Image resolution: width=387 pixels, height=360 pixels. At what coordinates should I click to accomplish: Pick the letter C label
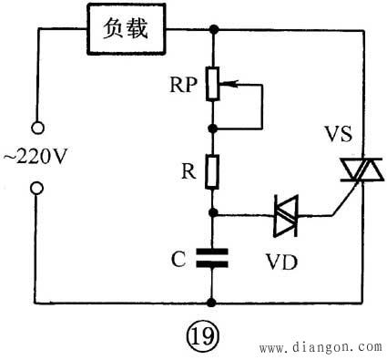(x=178, y=258)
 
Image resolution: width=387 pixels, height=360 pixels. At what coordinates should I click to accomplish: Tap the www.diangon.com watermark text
(x=321, y=347)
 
